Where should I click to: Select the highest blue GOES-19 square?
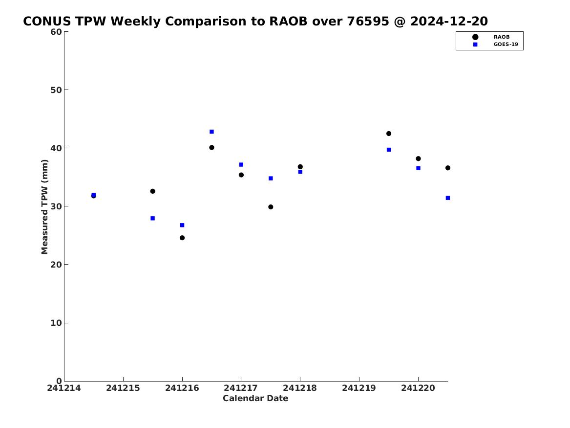tap(211, 132)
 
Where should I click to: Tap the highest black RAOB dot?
tap(389, 134)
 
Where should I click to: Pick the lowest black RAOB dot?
tap(182, 238)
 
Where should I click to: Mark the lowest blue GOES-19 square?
tap(182, 225)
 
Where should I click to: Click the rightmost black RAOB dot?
tap(448, 168)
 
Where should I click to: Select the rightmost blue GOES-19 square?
tap(448, 198)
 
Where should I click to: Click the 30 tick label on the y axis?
tap(56, 206)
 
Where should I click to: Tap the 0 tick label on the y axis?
tap(59, 381)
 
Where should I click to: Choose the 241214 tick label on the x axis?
tap(64, 388)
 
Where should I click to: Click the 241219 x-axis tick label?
tap(359, 388)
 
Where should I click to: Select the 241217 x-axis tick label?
tap(241, 388)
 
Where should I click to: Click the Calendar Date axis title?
tap(255, 398)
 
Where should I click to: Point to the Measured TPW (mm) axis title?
tap(44, 206)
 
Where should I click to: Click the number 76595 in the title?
tap(368, 22)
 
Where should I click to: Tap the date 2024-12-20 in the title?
tap(449, 22)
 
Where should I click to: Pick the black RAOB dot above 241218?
tap(300, 167)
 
